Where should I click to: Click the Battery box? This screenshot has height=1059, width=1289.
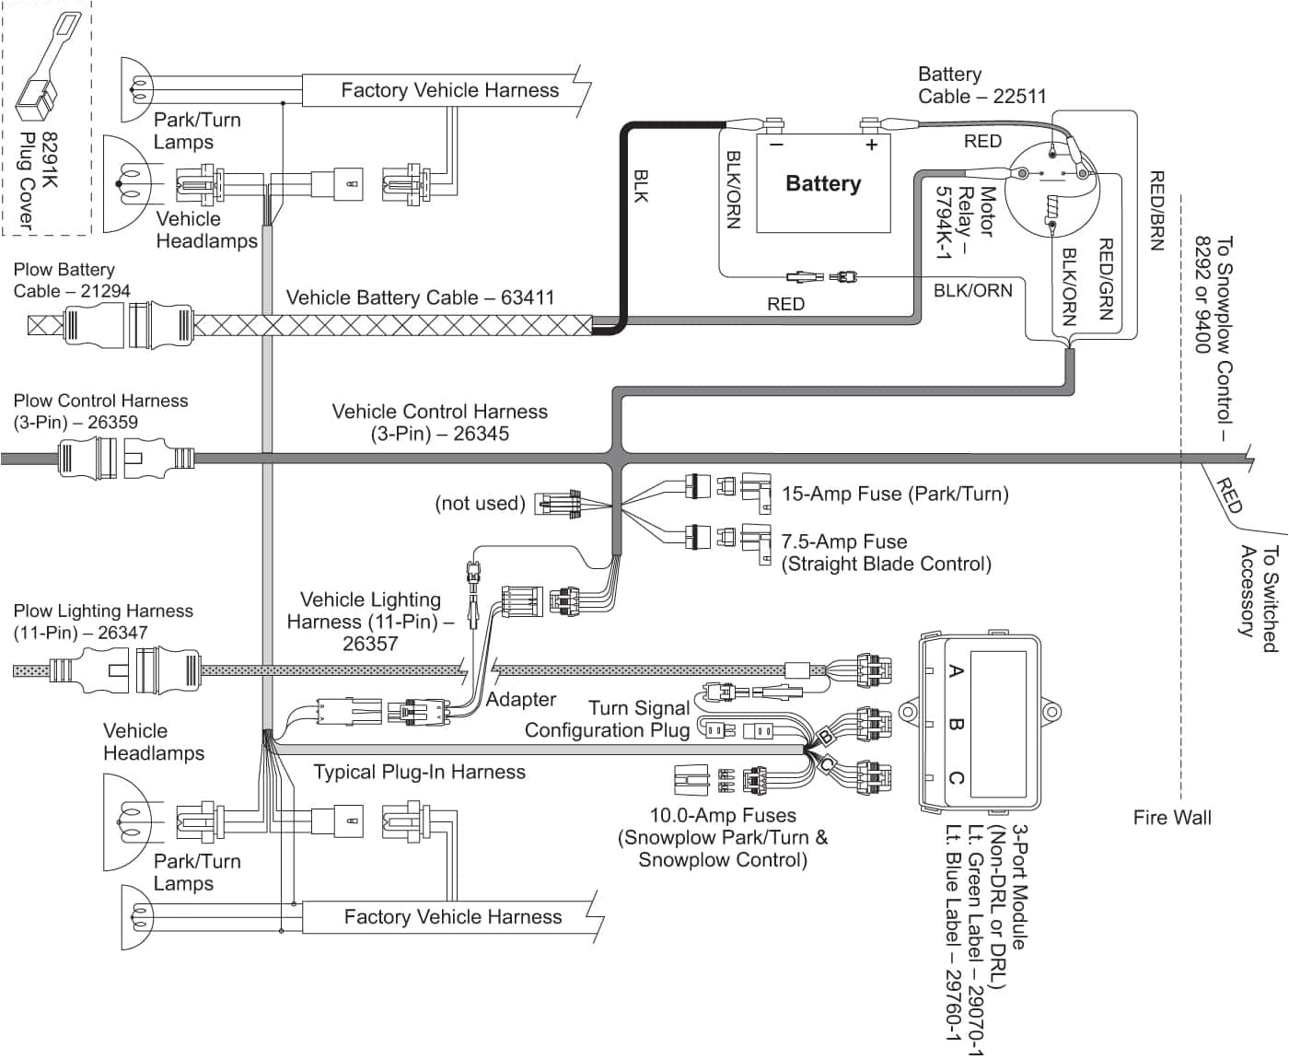(823, 183)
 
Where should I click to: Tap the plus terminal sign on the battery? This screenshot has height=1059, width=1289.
(871, 145)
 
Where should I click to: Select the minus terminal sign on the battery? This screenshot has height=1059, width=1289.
(776, 145)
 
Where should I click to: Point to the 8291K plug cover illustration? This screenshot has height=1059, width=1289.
(46, 69)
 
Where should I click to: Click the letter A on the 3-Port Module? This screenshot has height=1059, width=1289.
(956, 671)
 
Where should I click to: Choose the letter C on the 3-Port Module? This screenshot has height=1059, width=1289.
(956, 778)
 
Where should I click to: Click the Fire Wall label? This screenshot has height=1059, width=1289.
(1171, 817)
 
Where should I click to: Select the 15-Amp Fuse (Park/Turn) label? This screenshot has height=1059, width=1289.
(894, 494)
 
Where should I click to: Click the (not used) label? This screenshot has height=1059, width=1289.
(480, 504)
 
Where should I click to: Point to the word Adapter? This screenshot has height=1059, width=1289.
(520, 700)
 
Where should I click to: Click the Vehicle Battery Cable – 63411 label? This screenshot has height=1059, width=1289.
(420, 297)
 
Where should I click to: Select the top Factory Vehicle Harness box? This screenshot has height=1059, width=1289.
(448, 90)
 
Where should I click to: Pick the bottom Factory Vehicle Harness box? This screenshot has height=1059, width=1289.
(452, 917)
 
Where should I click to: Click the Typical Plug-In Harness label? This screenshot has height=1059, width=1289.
(419, 772)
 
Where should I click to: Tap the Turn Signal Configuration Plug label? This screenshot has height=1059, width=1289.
(607, 719)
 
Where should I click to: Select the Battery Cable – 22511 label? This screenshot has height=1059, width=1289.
(981, 85)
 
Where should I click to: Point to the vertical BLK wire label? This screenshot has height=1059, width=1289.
(642, 184)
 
